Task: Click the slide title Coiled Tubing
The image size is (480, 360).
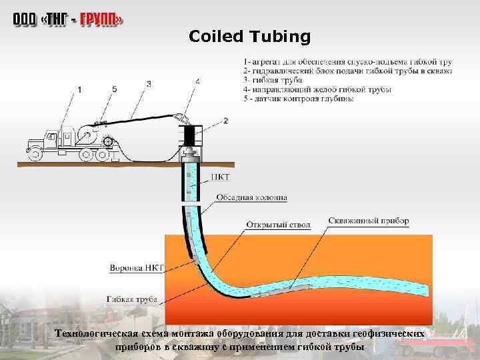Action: coord(250,37)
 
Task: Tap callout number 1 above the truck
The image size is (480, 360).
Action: coord(80,89)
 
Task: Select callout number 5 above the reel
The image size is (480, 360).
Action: coord(114,89)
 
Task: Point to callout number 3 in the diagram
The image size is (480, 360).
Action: coord(148,84)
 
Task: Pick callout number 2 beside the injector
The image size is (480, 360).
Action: coord(225,121)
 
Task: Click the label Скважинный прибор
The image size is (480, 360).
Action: coord(369,220)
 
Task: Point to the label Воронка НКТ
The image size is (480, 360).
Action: coord(135,268)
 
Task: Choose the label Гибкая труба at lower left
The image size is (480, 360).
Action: coord(133,299)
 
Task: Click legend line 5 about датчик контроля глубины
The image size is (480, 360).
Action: coord(299,98)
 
